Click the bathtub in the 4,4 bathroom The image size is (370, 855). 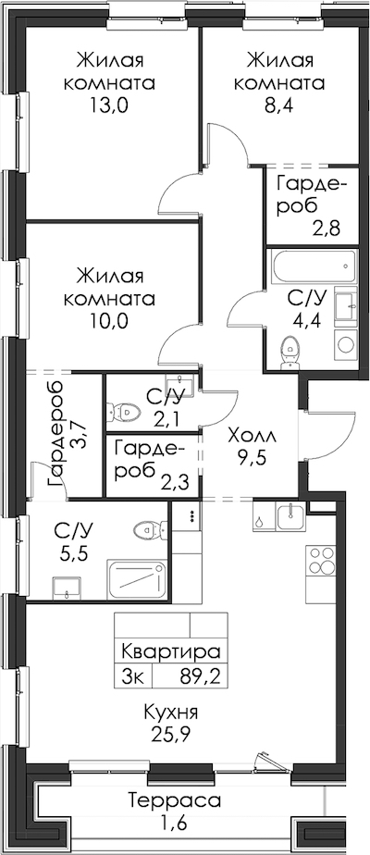pos(313,266)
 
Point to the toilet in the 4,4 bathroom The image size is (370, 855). pos(290,349)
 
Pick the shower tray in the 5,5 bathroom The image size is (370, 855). pos(137,579)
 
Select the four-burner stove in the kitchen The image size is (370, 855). pos(320,560)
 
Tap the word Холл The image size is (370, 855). pos(253,436)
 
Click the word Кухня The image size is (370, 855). pos(170,712)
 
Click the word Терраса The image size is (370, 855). pos(175,801)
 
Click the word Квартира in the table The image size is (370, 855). pos(170,652)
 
